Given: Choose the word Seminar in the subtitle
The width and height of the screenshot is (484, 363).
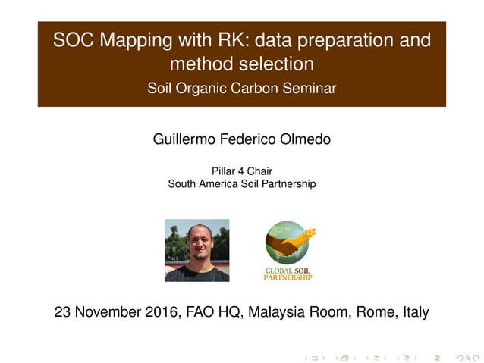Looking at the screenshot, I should [x=309, y=89].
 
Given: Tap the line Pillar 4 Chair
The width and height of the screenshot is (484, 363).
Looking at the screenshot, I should [x=242, y=171].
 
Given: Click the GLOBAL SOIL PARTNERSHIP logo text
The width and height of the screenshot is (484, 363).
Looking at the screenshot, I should [x=288, y=273].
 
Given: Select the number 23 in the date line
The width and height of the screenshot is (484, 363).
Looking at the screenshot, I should [x=64, y=311].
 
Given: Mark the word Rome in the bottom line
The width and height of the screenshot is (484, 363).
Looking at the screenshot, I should [x=377, y=311].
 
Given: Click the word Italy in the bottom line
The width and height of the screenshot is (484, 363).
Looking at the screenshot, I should [x=414, y=311].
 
